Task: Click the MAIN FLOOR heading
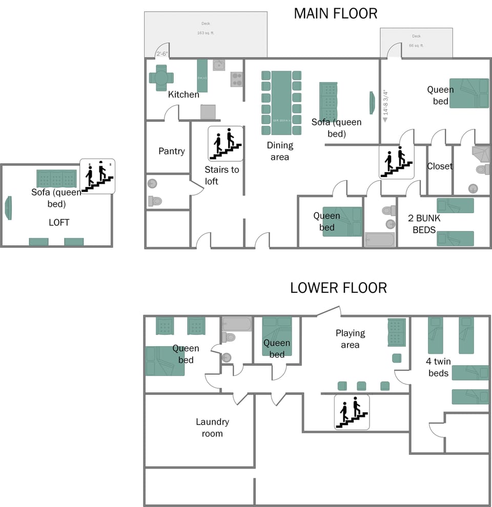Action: tap(335, 13)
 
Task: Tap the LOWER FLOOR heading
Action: tap(338, 288)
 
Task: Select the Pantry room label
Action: tap(171, 151)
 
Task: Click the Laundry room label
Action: tap(212, 428)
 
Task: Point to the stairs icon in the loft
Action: tap(97, 176)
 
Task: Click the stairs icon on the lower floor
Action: tap(352, 412)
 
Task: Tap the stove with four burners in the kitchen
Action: tap(236, 79)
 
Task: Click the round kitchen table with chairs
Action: tap(161, 78)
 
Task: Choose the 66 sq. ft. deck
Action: tap(416, 43)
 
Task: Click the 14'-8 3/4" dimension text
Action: tap(385, 102)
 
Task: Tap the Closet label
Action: tap(440, 166)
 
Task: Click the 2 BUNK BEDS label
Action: tap(424, 224)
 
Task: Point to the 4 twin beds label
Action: tap(438, 367)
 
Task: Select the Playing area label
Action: tap(350, 339)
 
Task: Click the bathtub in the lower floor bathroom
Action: tap(237, 324)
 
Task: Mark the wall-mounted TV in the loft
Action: tap(8, 207)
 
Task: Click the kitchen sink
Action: tap(219, 65)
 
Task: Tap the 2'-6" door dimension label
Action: tap(162, 53)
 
